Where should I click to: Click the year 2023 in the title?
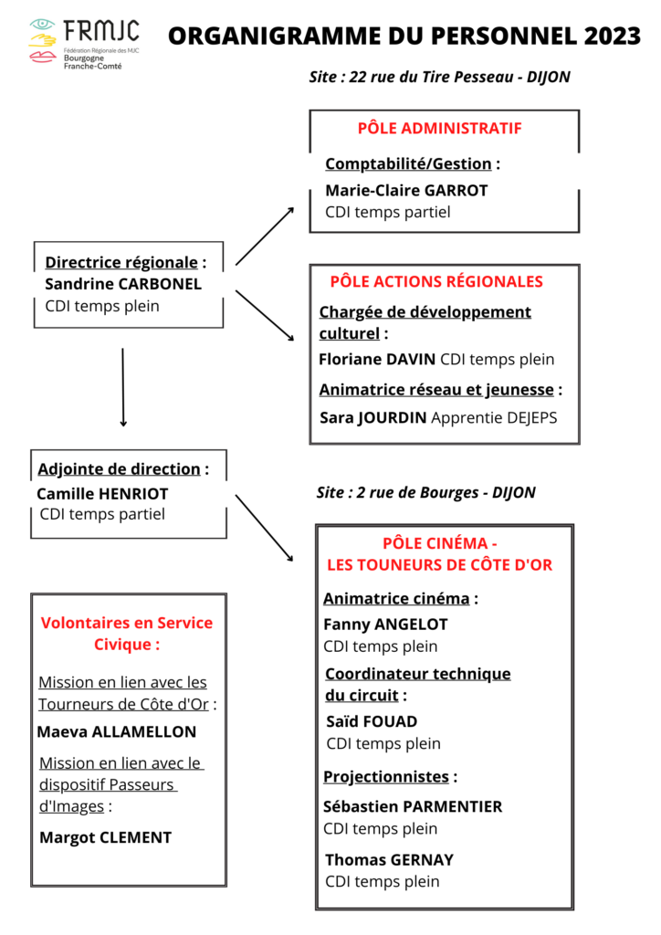[609, 36]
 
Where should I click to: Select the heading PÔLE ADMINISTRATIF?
[439, 128]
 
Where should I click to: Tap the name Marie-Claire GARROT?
[406, 191]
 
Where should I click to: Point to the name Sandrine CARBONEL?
[123, 284]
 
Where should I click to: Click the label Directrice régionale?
[121, 262]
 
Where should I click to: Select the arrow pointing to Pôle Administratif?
[265, 236]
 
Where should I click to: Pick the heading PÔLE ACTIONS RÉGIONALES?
[436, 281]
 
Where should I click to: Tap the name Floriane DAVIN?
[377, 359]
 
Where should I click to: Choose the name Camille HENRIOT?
[102, 493]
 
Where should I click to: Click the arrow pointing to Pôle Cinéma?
[265, 528]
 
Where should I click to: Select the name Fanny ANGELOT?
[385, 625]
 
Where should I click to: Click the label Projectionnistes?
[386, 777]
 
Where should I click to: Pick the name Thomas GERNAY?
[389, 859]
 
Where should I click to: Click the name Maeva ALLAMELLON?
[116, 731]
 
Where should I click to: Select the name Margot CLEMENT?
[105, 837]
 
